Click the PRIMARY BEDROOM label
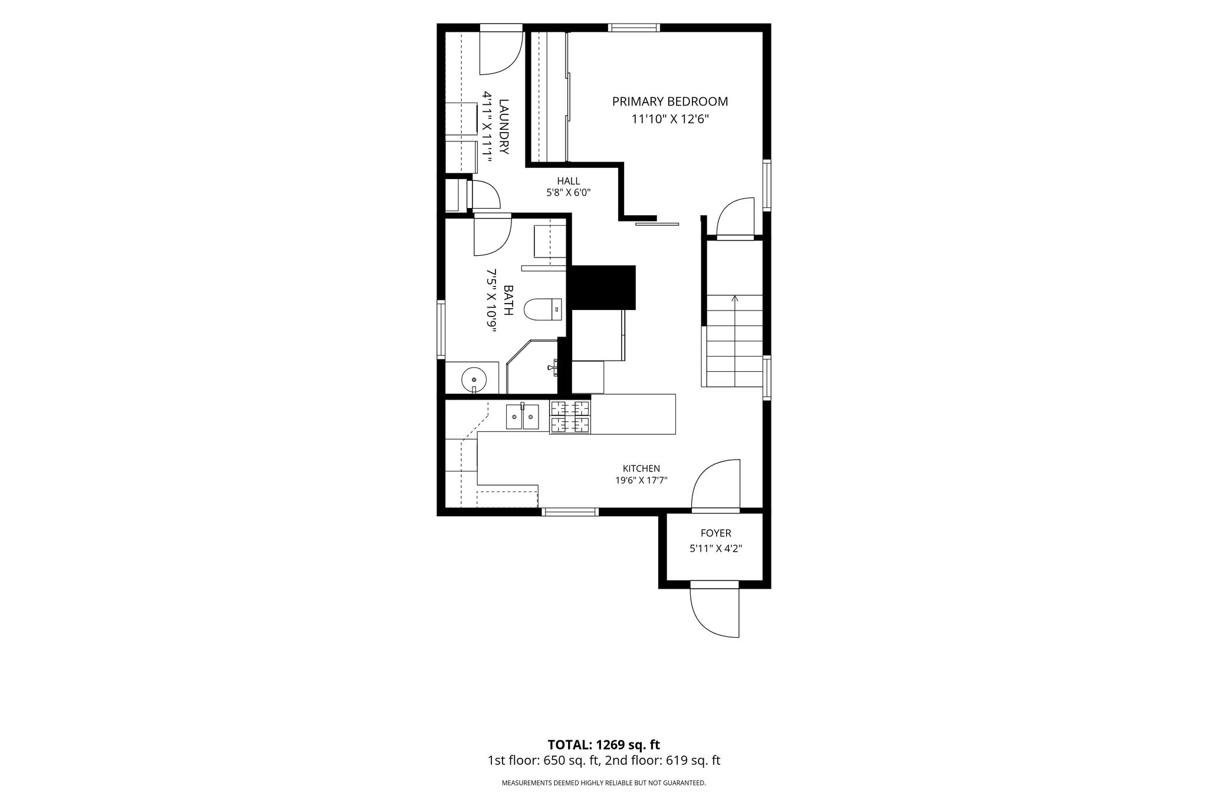[x=670, y=101]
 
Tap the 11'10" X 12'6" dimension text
[x=670, y=120]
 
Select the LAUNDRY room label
[x=503, y=127]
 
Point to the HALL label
[x=569, y=181]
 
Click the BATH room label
[x=508, y=300]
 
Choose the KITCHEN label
[x=641, y=469]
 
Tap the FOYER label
[x=715, y=533]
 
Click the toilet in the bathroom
[x=543, y=309]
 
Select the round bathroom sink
[x=474, y=379]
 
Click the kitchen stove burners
[x=570, y=417]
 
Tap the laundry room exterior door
[x=501, y=51]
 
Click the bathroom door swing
[x=493, y=236]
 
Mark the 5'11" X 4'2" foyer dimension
[x=715, y=549]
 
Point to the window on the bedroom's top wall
[x=634, y=27]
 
